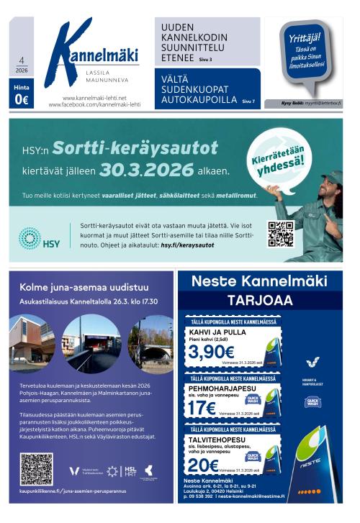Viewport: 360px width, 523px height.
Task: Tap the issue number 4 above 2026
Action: pos(21,62)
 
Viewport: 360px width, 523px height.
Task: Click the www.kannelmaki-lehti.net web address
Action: pos(94,98)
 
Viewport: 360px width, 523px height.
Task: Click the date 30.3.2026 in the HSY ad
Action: pos(147,170)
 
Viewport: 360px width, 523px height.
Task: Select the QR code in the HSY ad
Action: pos(281,234)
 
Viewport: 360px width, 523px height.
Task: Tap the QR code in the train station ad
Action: pos(36,469)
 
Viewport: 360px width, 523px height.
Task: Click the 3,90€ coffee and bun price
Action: pos(211,352)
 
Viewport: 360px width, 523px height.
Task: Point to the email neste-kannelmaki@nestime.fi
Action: pos(262,496)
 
